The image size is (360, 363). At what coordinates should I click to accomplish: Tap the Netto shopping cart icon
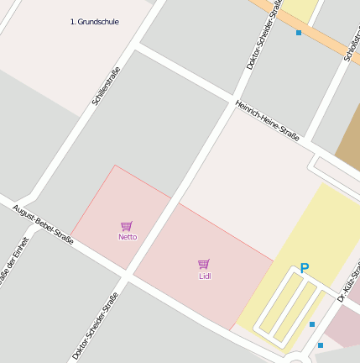[127, 225]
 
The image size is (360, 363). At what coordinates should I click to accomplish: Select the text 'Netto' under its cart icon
[128, 237]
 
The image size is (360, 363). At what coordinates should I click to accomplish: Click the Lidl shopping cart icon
[204, 264]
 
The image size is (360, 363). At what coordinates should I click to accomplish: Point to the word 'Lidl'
[205, 276]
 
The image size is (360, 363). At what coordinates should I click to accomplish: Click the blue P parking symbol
[305, 268]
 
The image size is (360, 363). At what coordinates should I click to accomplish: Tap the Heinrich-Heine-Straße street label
[267, 118]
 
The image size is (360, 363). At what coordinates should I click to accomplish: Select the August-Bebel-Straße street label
[43, 224]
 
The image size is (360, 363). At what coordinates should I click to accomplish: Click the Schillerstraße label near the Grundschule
[106, 91]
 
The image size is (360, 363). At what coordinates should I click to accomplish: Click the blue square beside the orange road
[299, 33]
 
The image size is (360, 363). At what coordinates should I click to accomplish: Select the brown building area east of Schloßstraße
[347, 143]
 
